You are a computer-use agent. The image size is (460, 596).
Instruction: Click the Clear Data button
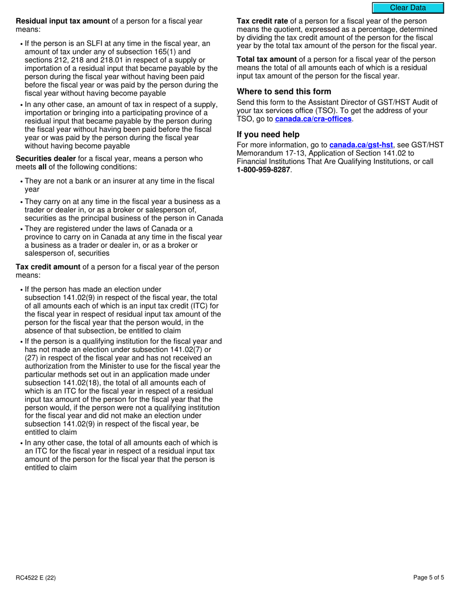coord(408,8)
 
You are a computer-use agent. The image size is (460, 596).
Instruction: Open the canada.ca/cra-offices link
coord(313,119)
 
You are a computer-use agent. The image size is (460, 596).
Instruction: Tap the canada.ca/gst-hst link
coord(361,145)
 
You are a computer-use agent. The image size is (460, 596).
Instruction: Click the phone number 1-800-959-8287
coord(263,170)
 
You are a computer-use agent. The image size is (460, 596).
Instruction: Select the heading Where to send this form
coord(284,92)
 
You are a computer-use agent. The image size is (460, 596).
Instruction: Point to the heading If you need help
coord(268,134)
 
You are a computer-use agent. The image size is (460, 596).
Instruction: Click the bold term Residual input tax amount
coord(63,21)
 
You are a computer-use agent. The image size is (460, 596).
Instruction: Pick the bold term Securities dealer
coord(46,158)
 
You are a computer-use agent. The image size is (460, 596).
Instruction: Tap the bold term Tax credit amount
coord(48,267)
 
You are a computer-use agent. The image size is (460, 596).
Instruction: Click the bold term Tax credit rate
coord(262,21)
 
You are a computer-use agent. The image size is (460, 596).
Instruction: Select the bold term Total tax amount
coord(266,60)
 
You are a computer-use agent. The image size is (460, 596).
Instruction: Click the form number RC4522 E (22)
coord(31,577)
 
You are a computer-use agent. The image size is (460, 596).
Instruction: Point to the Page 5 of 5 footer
coord(429,577)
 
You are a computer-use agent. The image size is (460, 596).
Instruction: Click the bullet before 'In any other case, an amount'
coord(21,105)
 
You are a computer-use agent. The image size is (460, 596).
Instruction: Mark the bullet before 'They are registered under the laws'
coord(21,229)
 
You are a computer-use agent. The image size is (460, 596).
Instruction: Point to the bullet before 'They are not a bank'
coord(21,182)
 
